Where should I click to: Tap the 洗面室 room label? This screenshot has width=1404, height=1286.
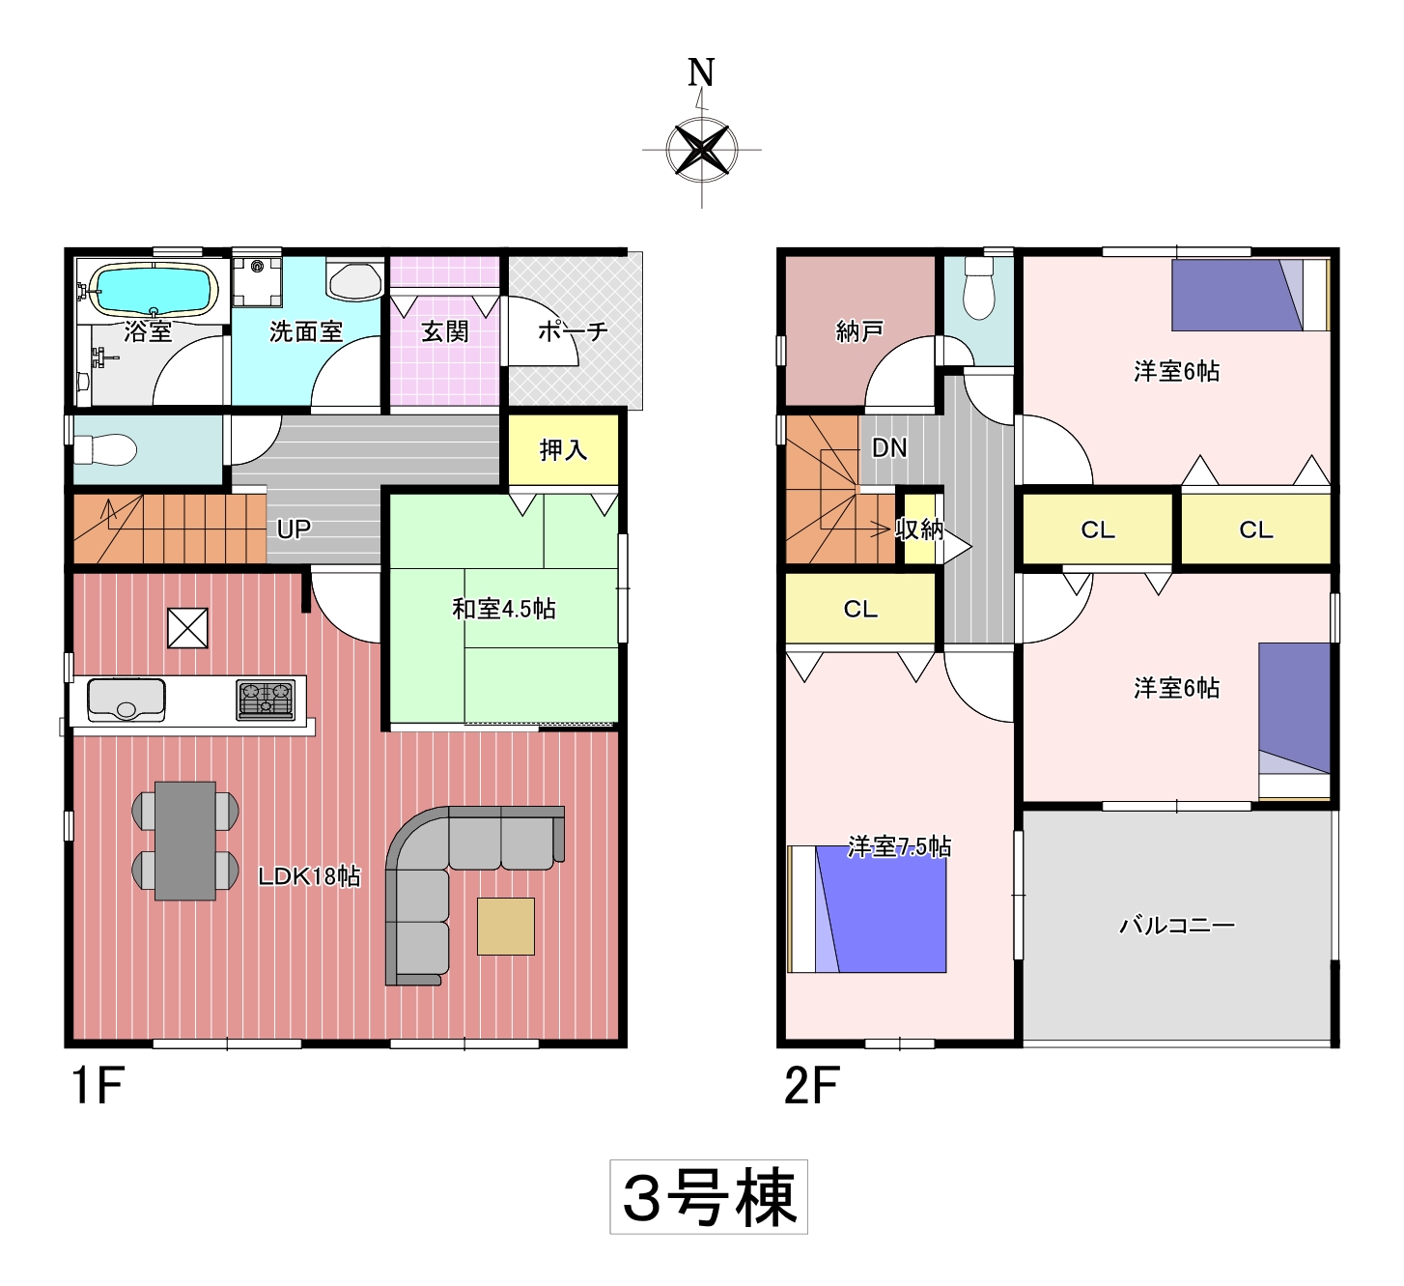pyautogui.click(x=306, y=332)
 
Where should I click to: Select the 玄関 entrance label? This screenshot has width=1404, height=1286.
pyautogui.click(x=444, y=332)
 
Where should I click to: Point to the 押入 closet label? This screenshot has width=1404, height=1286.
pyautogui.click(x=563, y=450)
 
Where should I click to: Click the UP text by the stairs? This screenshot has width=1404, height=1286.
pyautogui.click(x=294, y=529)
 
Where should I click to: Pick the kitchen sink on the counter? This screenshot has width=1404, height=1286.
pyautogui.click(x=126, y=700)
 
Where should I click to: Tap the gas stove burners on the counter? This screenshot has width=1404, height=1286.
pyautogui.click(x=266, y=700)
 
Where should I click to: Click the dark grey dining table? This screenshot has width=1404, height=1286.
pyautogui.click(x=184, y=841)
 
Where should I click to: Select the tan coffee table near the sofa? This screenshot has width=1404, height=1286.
pyautogui.click(x=505, y=927)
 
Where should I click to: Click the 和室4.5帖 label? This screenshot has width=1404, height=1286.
pyautogui.click(x=504, y=610)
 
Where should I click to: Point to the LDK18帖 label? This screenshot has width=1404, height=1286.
pyautogui.click(x=309, y=876)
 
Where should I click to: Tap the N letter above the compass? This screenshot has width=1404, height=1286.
pyautogui.click(x=701, y=72)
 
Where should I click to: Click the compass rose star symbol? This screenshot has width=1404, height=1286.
pyautogui.click(x=701, y=150)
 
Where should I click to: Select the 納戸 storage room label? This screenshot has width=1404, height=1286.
pyautogui.click(x=859, y=332)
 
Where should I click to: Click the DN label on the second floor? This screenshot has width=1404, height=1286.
pyautogui.click(x=889, y=448)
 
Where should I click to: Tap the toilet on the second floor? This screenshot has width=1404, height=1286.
pyautogui.click(x=978, y=289)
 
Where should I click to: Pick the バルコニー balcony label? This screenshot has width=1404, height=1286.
pyautogui.click(x=1176, y=926)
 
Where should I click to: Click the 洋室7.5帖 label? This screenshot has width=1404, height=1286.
pyautogui.click(x=899, y=847)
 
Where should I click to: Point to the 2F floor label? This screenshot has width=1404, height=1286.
pyautogui.click(x=811, y=1086)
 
